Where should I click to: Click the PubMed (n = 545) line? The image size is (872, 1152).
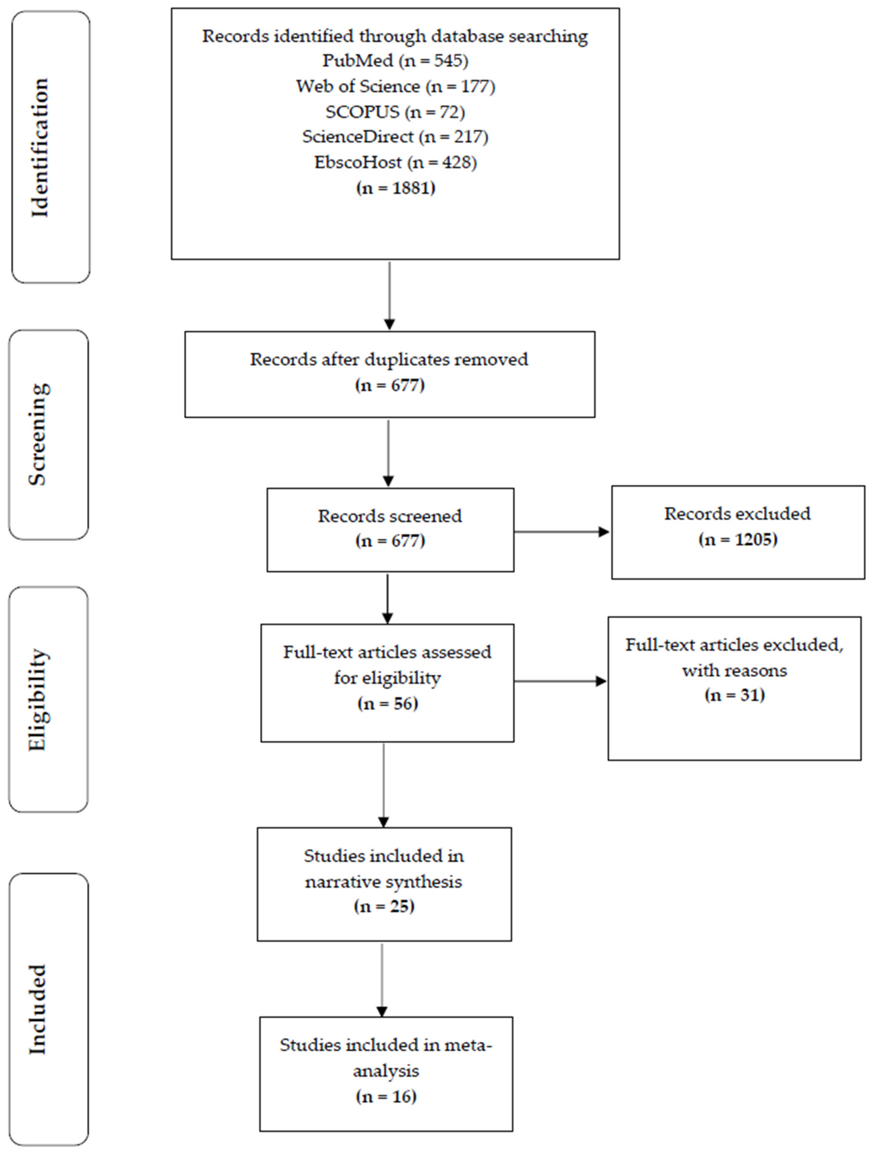(x=395, y=61)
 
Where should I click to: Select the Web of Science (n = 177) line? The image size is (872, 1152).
(x=395, y=86)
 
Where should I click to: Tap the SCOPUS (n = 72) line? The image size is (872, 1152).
(x=395, y=112)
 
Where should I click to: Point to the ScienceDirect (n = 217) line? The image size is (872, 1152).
(x=395, y=137)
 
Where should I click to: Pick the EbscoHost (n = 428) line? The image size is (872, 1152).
(x=395, y=162)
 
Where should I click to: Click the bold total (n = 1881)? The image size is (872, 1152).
(x=396, y=188)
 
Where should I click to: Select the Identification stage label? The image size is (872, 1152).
(x=40, y=148)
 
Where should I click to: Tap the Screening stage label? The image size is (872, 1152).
(x=38, y=434)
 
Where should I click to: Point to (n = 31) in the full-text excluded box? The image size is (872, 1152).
(x=734, y=695)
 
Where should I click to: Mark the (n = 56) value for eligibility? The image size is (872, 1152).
(x=388, y=704)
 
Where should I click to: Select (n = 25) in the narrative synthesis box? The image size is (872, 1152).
(x=384, y=907)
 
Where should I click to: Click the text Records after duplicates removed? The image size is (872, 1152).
(x=389, y=360)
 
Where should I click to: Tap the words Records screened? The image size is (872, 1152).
(x=390, y=516)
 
